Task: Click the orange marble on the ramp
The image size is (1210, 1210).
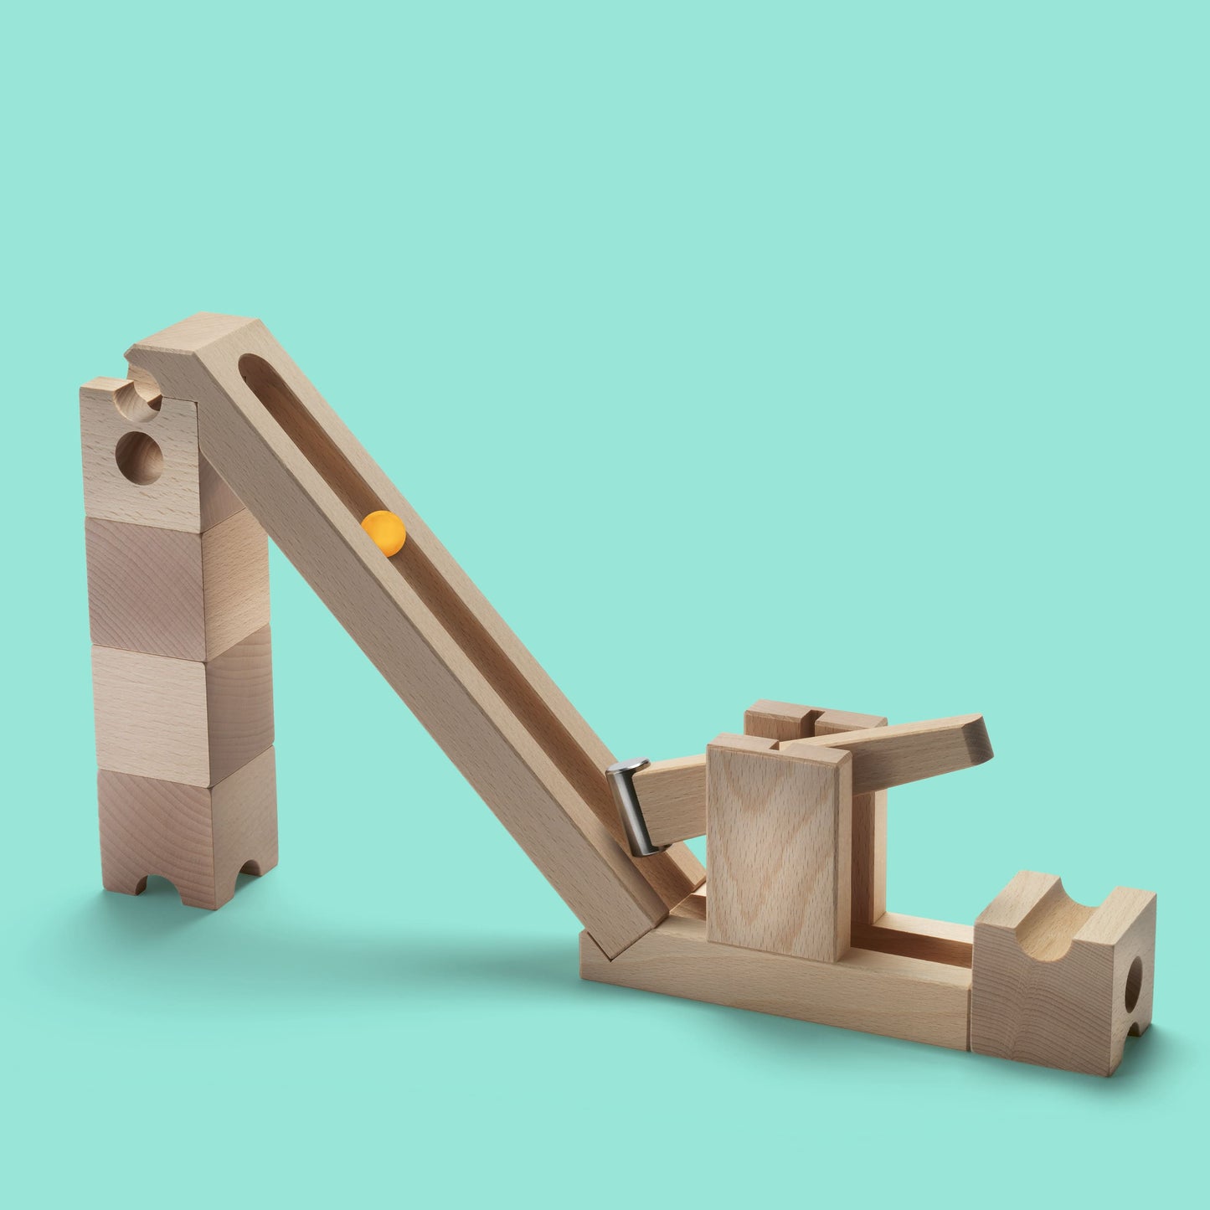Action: [x=384, y=533]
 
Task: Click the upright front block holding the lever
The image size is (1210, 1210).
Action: [x=775, y=846]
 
